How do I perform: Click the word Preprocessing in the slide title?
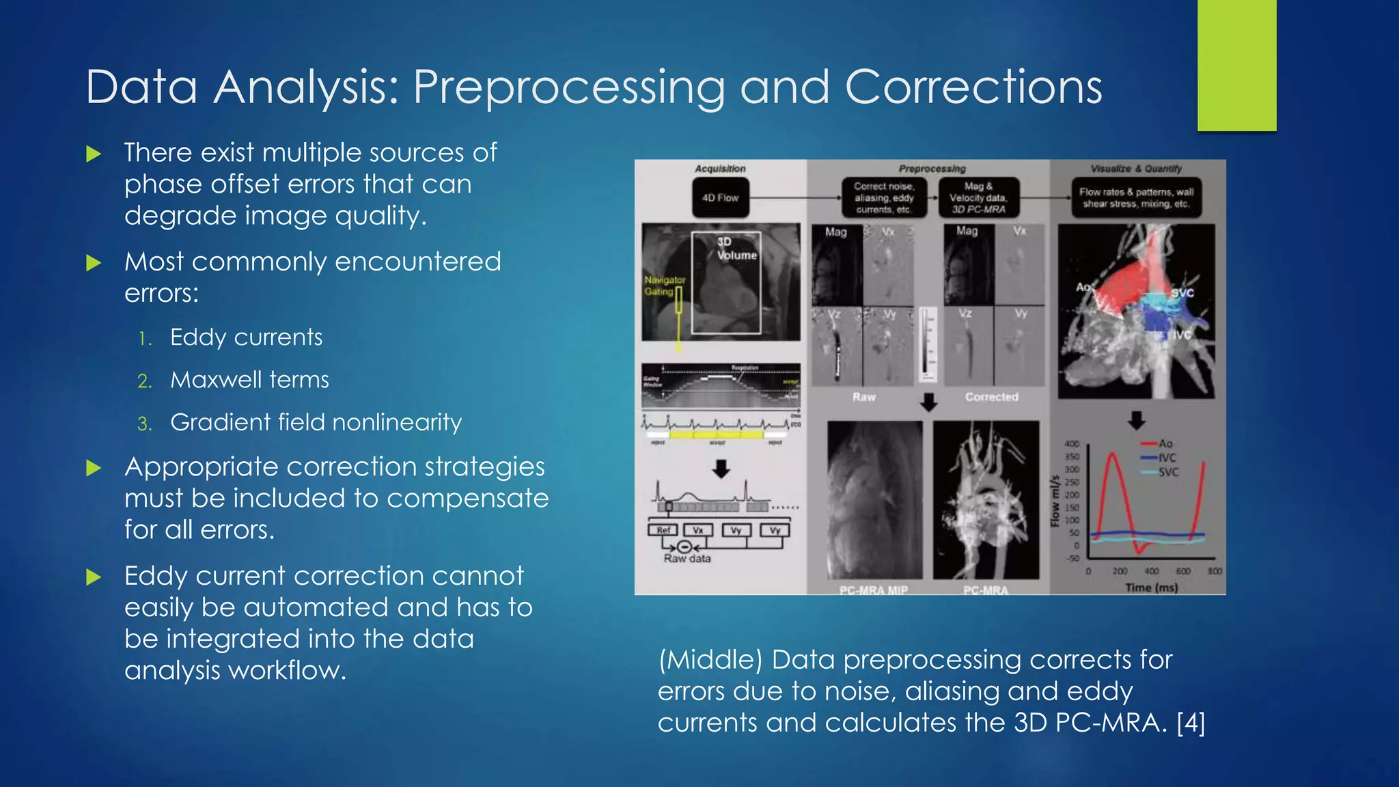click(568, 87)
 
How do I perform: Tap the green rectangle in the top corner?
click(1236, 65)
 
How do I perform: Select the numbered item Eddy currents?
click(246, 337)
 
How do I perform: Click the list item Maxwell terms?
click(249, 380)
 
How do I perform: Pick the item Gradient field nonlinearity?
click(316, 422)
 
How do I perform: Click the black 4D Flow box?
click(720, 198)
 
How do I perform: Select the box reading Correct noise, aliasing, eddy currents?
click(883, 198)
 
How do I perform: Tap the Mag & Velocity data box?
click(978, 198)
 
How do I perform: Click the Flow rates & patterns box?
click(1136, 198)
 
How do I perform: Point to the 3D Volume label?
click(736, 249)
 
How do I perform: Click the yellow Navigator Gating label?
click(664, 286)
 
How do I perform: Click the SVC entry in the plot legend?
click(1168, 472)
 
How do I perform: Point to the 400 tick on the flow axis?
click(1072, 444)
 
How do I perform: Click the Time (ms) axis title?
click(1152, 588)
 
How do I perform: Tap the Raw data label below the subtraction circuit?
click(687, 559)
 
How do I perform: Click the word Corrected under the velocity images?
click(991, 397)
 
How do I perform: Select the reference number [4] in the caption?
click(1191, 723)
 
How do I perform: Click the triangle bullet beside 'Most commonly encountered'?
click(94, 263)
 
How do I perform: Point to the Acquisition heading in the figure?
click(720, 169)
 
